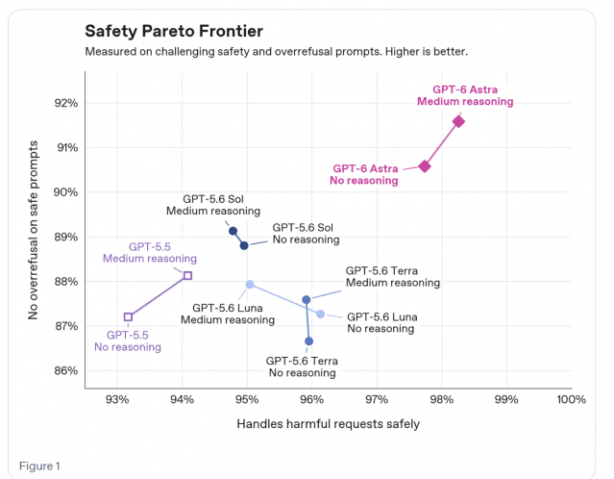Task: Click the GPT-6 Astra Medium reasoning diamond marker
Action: [x=458, y=121]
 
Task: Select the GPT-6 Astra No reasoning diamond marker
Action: [x=425, y=166]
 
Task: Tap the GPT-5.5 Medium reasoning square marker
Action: [x=187, y=275]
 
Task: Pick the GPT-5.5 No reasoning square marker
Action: [x=128, y=316]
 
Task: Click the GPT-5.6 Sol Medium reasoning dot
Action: [x=233, y=231]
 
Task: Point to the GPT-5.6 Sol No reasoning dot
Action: [x=244, y=246]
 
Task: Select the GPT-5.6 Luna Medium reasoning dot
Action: [x=250, y=284]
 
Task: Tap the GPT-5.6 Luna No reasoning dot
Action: [x=320, y=314]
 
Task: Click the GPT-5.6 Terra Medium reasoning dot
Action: [x=307, y=300]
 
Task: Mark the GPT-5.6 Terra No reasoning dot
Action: [x=308, y=341]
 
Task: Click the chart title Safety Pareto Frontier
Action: [x=174, y=31]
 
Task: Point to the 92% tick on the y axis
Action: [x=66, y=103]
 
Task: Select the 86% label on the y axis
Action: [x=66, y=371]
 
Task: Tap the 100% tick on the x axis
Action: [x=572, y=399]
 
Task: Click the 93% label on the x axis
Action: [x=117, y=399]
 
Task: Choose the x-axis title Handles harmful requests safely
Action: [x=329, y=424]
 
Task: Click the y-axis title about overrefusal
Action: [x=34, y=230]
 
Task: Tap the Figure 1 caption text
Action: [x=39, y=466]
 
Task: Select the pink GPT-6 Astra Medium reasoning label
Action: [x=465, y=95]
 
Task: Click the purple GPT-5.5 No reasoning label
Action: [x=128, y=341]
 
